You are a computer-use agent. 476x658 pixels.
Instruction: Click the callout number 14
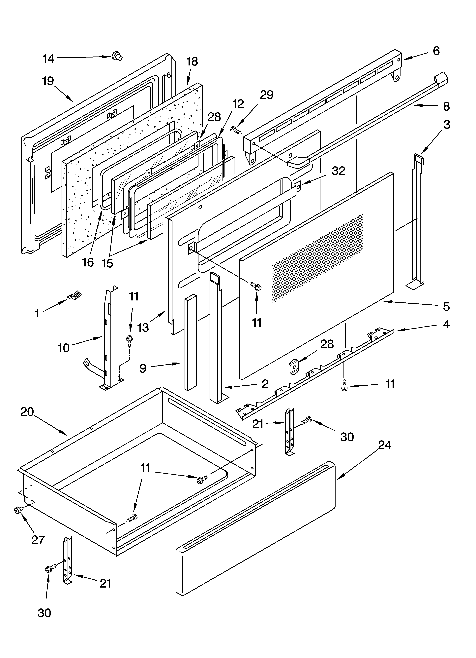48,59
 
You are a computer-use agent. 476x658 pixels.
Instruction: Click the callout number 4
446,324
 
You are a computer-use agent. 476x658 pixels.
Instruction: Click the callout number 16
88,262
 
